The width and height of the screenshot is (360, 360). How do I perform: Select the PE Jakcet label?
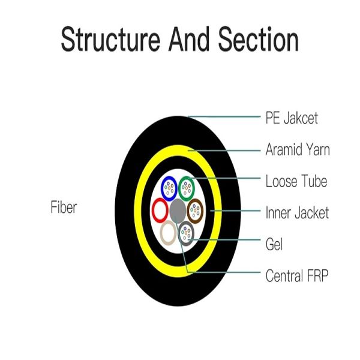coord(292,118)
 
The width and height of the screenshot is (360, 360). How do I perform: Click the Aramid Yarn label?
coord(297,149)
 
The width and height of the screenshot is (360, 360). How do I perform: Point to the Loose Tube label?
coord(296,181)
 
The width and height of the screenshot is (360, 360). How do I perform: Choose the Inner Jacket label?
coord(297,212)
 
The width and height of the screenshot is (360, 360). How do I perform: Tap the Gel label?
coord(274,244)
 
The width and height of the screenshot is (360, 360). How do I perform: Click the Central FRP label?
coord(296,277)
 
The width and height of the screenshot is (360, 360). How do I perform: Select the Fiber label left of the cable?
coord(64,208)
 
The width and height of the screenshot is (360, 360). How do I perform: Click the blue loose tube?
coord(168,188)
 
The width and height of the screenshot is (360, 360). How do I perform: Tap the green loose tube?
coord(188,187)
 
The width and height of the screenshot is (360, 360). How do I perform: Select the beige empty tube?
coord(169,233)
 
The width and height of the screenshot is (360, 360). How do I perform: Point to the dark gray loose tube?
coord(188,233)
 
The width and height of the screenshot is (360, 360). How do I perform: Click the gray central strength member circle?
coord(178,210)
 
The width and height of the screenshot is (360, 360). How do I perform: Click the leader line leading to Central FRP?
coord(228,274)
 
